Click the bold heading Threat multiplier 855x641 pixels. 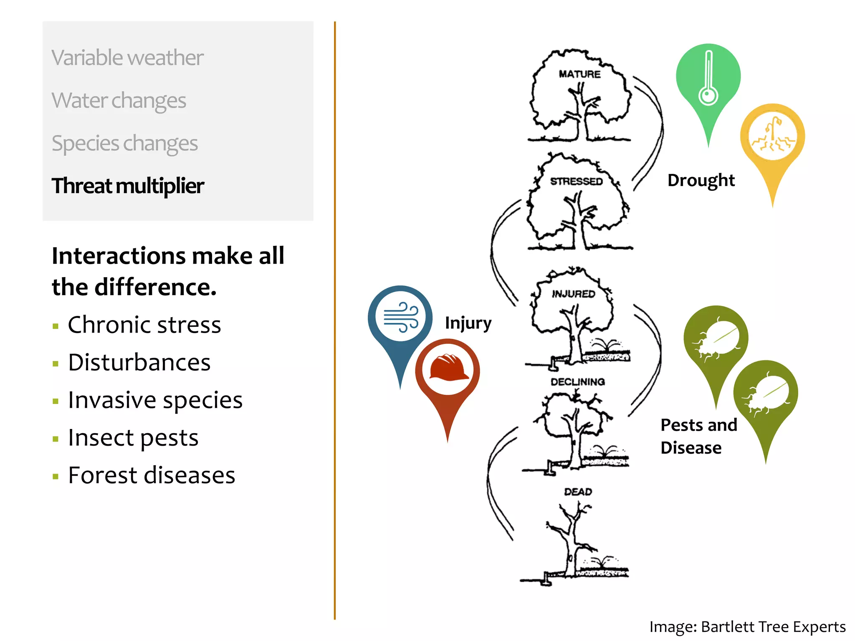(128, 186)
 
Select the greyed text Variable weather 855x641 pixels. (127, 58)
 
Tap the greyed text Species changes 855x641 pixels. (124, 143)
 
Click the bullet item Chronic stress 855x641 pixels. (144, 325)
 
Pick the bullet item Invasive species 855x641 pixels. (155, 400)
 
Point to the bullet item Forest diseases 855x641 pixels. (152, 475)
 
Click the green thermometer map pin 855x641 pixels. (708, 79)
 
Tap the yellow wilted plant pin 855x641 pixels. (772, 138)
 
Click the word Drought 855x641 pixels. (701, 180)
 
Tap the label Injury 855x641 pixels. (468, 323)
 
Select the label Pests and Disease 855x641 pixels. (698, 436)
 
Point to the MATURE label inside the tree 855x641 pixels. (579, 74)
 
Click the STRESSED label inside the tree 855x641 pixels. (576, 182)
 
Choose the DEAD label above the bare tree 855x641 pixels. (578, 492)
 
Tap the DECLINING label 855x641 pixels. (577, 382)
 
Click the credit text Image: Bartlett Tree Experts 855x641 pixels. (747, 627)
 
